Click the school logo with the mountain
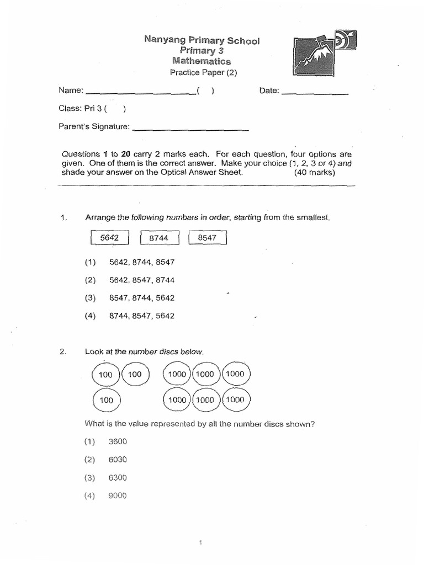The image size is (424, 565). [x=324, y=55]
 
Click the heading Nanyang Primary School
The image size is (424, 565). [x=202, y=40]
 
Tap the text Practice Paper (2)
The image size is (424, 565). [x=202, y=72]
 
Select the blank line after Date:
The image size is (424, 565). [x=315, y=93]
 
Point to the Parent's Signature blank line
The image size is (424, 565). [x=191, y=129]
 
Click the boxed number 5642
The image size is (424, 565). [x=109, y=238]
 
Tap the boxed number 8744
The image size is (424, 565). [x=159, y=238]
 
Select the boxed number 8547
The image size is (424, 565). [x=207, y=238]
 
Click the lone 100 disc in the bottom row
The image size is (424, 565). [x=105, y=400]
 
